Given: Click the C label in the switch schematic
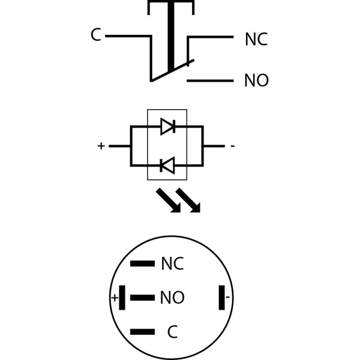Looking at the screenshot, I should (95, 35).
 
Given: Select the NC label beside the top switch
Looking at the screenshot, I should (256, 40).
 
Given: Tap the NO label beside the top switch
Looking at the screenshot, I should (256, 81).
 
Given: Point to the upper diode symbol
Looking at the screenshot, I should (167, 126).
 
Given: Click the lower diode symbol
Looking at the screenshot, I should (167, 165).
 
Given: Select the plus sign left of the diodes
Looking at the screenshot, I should (101, 146).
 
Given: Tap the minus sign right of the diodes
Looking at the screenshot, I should (232, 146).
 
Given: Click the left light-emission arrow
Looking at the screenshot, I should (169, 200).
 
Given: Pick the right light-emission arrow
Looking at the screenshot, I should (188, 200).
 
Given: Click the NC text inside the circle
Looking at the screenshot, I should (172, 264).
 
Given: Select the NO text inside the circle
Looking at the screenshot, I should (172, 298).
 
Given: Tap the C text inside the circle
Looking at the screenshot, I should (172, 332).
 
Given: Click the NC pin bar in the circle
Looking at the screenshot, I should (142, 263).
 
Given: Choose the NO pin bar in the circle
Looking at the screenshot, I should (142, 298).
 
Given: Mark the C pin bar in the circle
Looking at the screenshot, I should (142, 332).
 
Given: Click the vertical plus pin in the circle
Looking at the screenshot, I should (122, 298).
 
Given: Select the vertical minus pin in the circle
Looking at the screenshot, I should (222, 298).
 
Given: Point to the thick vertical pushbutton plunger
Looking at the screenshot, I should (171, 36).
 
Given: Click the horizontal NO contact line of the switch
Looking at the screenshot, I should (210, 80).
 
